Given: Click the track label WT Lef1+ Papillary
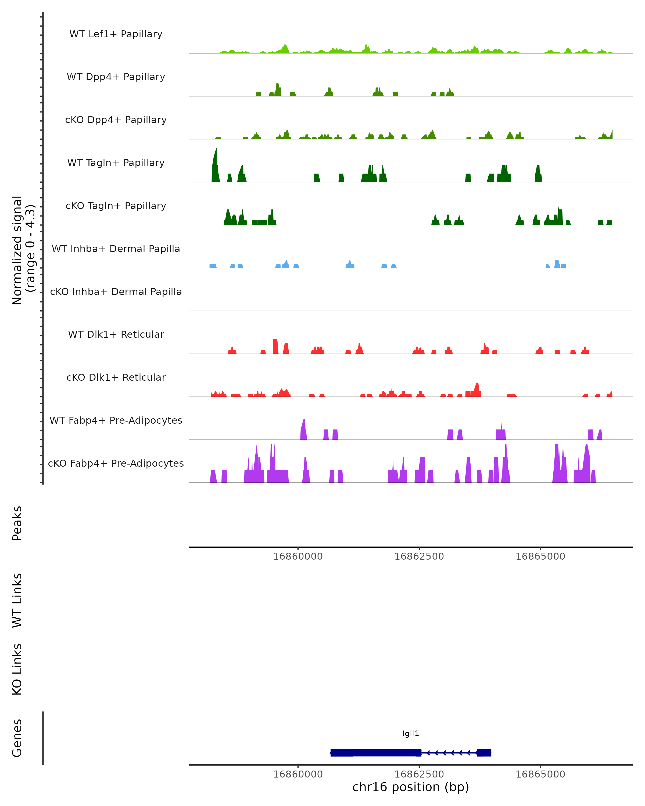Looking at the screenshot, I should [x=116, y=34].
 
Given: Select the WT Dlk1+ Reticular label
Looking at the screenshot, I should [x=116, y=334].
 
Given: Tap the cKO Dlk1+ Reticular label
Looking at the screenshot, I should [x=116, y=377].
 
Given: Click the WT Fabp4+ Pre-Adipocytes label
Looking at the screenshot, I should [x=116, y=420].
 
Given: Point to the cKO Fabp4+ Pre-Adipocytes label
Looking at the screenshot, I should [x=116, y=463].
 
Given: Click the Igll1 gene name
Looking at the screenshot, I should [x=411, y=733].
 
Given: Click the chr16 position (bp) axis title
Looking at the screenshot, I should [x=411, y=787].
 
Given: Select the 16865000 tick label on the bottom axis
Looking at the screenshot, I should [x=540, y=774].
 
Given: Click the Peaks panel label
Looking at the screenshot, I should [x=17, y=523].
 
